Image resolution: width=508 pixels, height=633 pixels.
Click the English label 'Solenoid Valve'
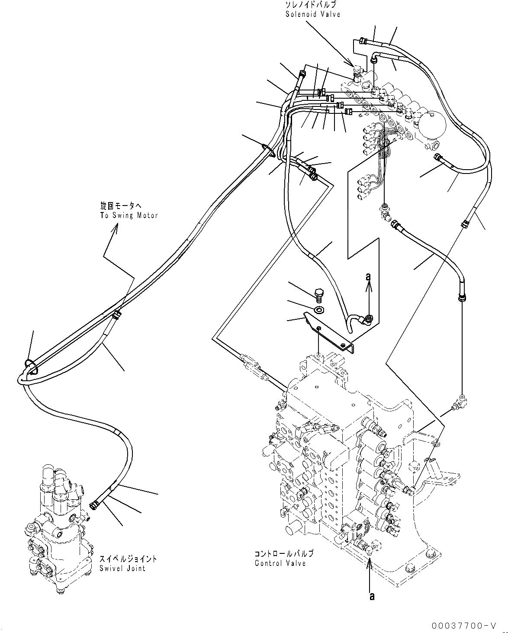click(312, 14)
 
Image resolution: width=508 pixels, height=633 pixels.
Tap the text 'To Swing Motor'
click(129, 215)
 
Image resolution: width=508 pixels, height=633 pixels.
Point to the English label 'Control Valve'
click(280, 563)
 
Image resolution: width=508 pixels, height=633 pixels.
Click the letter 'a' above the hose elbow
click(368, 276)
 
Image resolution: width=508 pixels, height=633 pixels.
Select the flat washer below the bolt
click(319, 310)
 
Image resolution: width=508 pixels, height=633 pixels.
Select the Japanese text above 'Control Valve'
click(284, 554)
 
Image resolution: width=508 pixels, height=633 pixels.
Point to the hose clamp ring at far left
click(31, 367)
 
